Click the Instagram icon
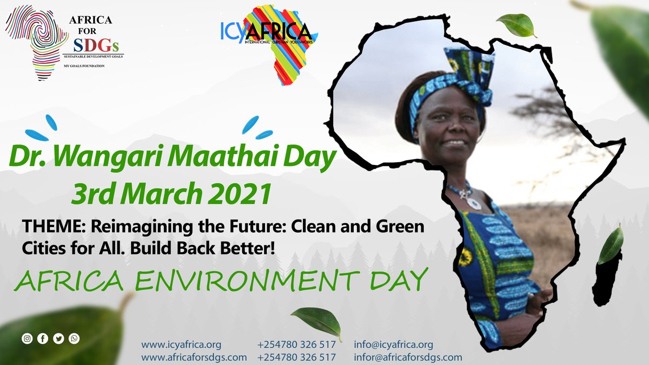27,339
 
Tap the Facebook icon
43,339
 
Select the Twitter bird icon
58,339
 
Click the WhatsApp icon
74,339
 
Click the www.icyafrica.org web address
181,345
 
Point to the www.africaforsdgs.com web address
194,357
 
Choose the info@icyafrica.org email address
394,345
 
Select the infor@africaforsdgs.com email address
408,357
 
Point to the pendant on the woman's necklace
473,203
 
